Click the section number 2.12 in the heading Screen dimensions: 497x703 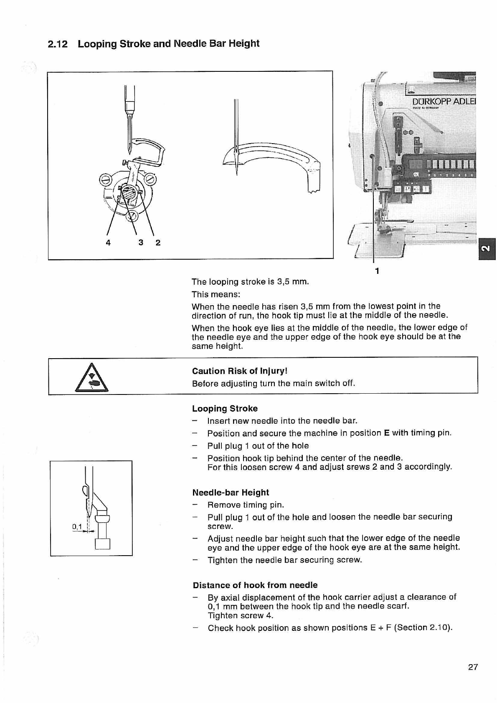[x=58, y=44]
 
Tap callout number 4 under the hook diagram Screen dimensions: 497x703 [x=108, y=243]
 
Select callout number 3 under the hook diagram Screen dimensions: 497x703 [x=141, y=243]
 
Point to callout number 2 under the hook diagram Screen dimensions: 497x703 [x=158, y=243]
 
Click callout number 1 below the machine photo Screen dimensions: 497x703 [x=377, y=271]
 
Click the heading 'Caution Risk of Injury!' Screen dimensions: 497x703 [x=240, y=371]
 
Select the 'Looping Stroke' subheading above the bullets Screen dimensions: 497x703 [x=225, y=409]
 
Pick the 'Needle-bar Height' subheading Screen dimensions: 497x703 [x=231, y=493]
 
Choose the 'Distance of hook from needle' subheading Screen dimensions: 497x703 [x=255, y=585]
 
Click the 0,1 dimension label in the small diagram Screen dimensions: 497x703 [x=77, y=526]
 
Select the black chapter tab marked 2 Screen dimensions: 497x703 [x=487, y=249]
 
